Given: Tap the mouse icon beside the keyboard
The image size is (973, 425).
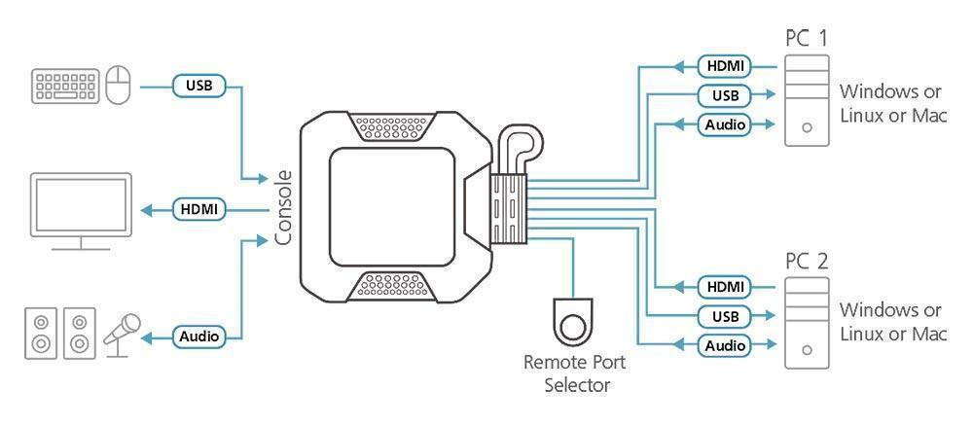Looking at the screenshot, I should pos(117,87).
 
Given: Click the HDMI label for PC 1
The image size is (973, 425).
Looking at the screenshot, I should pos(724,66).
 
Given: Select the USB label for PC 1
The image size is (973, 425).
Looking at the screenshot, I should pos(724,95).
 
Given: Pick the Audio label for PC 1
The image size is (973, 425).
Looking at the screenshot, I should pos(724,124).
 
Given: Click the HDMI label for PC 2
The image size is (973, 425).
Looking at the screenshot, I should pos(724,286).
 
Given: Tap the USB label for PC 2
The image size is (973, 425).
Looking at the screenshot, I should pos(724,315).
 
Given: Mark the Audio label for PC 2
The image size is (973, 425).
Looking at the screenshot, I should pos(724,344).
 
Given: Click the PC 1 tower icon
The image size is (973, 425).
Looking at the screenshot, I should pos(807,101).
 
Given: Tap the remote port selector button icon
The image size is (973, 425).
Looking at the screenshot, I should pos(574,317).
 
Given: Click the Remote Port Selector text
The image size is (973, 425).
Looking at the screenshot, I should pos(574,373).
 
